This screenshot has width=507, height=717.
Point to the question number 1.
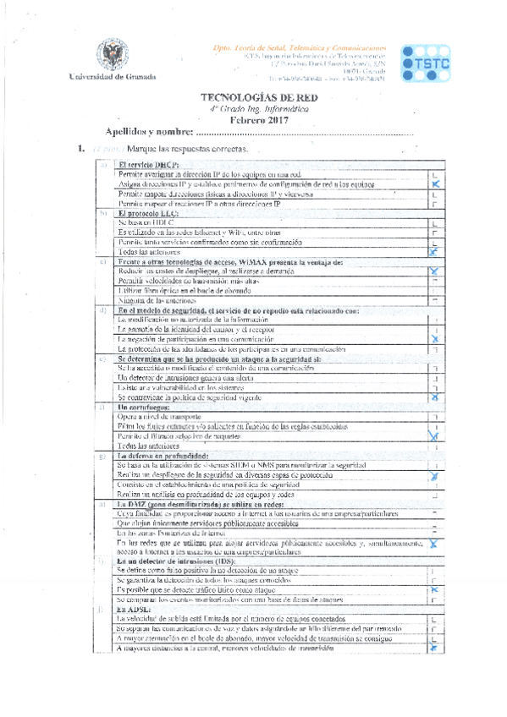[x=81, y=149]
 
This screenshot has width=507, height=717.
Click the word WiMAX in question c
[x=238, y=262]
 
